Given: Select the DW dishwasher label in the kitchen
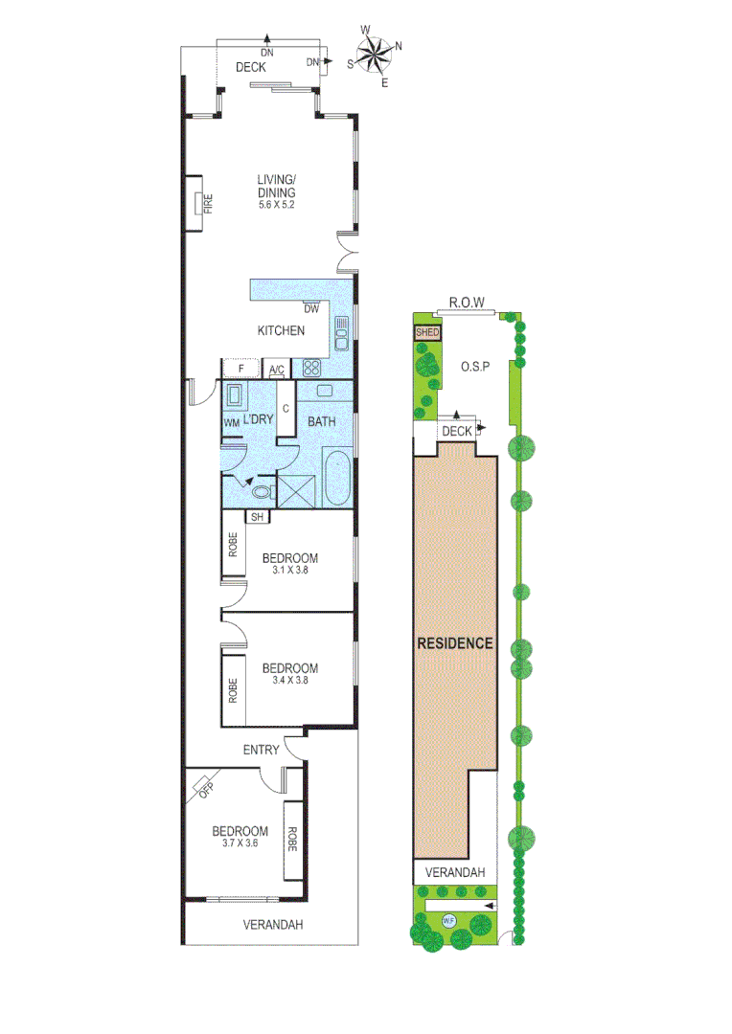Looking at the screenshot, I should [x=310, y=308].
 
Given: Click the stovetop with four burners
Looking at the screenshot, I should [x=312, y=368].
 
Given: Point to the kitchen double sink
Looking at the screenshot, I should [x=341, y=330].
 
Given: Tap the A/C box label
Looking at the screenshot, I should [x=277, y=371].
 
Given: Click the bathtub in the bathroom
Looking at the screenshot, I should [x=337, y=475].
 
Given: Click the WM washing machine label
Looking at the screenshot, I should [x=231, y=422].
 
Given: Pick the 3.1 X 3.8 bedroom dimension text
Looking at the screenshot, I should [x=289, y=570].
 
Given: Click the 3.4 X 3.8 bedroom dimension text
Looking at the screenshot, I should [x=289, y=681].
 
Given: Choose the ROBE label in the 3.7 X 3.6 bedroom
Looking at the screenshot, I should [x=292, y=841].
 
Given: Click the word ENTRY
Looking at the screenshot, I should [x=261, y=750].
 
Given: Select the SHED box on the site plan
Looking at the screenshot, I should [x=427, y=332].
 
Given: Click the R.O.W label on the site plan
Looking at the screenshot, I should [x=467, y=303].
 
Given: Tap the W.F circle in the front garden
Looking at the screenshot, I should [x=448, y=921].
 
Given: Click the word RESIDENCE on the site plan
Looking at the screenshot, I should [x=455, y=643].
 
